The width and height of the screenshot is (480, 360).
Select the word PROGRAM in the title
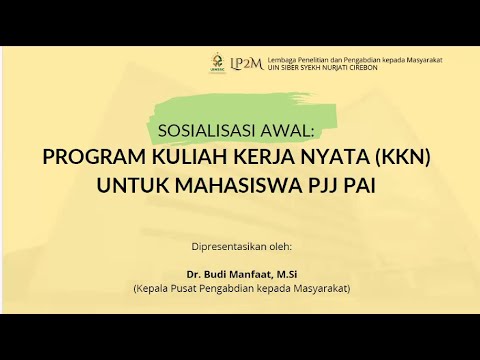[94, 157]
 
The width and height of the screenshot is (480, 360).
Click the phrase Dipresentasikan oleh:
[240, 245]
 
